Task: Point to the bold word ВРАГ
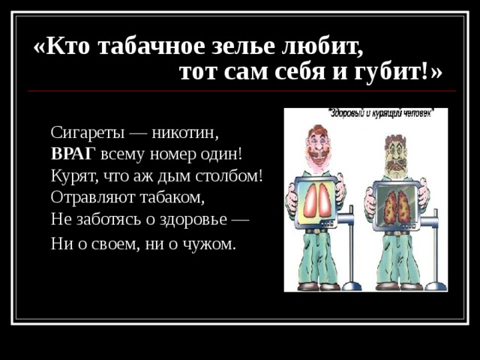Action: [x=73, y=154]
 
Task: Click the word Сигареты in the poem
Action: [x=86, y=133]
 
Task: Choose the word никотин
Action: [x=185, y=133]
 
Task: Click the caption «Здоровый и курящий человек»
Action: [x=380, y=113]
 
